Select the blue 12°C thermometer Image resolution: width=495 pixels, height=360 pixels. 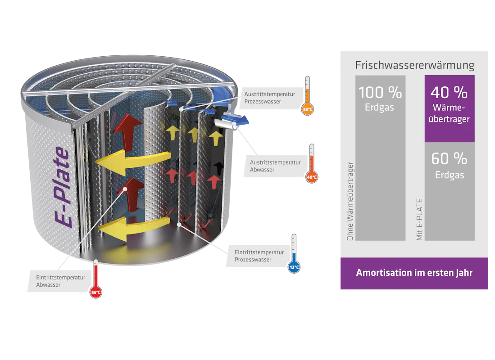[294, 254]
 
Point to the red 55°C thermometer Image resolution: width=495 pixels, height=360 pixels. [96, 279]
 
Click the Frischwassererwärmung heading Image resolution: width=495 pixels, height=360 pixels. [414, 65]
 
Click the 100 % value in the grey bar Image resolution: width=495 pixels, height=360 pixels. [380, 92]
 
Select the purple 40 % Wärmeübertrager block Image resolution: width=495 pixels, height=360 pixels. [449, 108]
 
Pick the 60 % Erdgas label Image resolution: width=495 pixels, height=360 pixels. [449, 166]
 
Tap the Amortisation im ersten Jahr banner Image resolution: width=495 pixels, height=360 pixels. [414, 273]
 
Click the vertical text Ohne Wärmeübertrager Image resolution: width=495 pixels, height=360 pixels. [350, 201]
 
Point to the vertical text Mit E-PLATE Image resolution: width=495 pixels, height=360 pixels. [420, 220]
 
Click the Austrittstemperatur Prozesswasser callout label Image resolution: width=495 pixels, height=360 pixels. [269, 98]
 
